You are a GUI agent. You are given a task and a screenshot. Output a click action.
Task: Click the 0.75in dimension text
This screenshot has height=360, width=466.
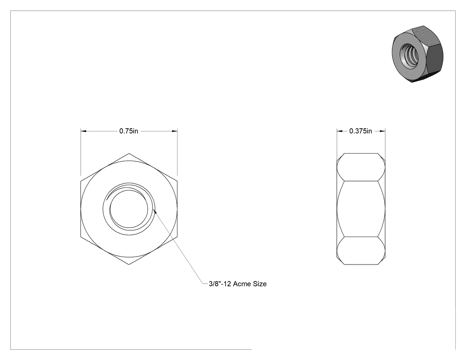click(x=129, y=131)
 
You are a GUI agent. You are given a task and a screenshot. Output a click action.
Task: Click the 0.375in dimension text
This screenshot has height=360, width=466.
click(x=360, y=131)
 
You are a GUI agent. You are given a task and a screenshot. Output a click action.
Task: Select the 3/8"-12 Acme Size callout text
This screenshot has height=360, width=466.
click(x=238, y=284)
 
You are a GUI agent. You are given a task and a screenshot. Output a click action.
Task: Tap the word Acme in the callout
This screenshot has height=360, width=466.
click(x=242, y=284)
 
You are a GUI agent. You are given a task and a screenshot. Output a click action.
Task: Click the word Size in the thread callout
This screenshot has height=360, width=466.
click(x=260, y=284)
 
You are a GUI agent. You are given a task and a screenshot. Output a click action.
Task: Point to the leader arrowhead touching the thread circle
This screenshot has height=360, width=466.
click(x=154, y=211)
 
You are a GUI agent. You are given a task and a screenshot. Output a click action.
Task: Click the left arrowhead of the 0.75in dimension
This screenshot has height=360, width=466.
click(x=83, y=131)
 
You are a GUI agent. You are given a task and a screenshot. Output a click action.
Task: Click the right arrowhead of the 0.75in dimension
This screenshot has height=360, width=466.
click(x=175, y=131)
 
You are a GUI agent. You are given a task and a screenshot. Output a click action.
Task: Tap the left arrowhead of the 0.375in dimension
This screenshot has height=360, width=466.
click(x=340, y=131)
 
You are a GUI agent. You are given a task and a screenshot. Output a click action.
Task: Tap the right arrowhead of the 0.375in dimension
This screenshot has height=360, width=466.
click(x=383, y=131)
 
